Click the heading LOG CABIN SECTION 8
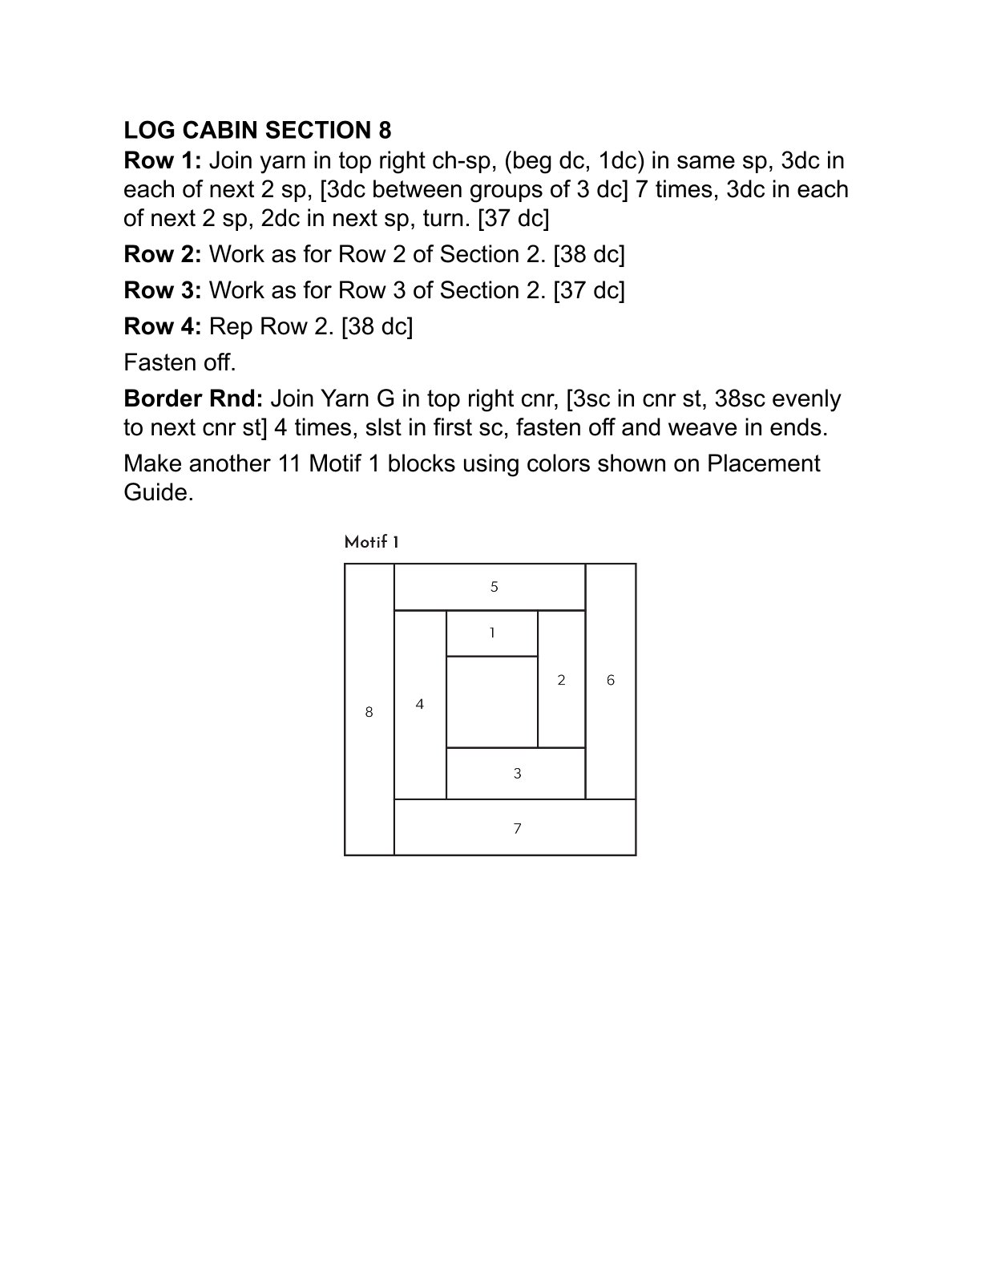click(257, 130)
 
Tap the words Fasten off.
click(180, 363)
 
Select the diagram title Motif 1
click(372, 543)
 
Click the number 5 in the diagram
click(495, 587)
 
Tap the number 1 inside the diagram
click(492, 633)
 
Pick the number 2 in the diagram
click(561, 681)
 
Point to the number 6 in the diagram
click(611, 681)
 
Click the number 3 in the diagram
click(517, 774)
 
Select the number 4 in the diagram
click(420, 705)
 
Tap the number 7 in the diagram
click(517, 829)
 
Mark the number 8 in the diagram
click(369, 712)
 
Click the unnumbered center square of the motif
click(491, 702)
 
